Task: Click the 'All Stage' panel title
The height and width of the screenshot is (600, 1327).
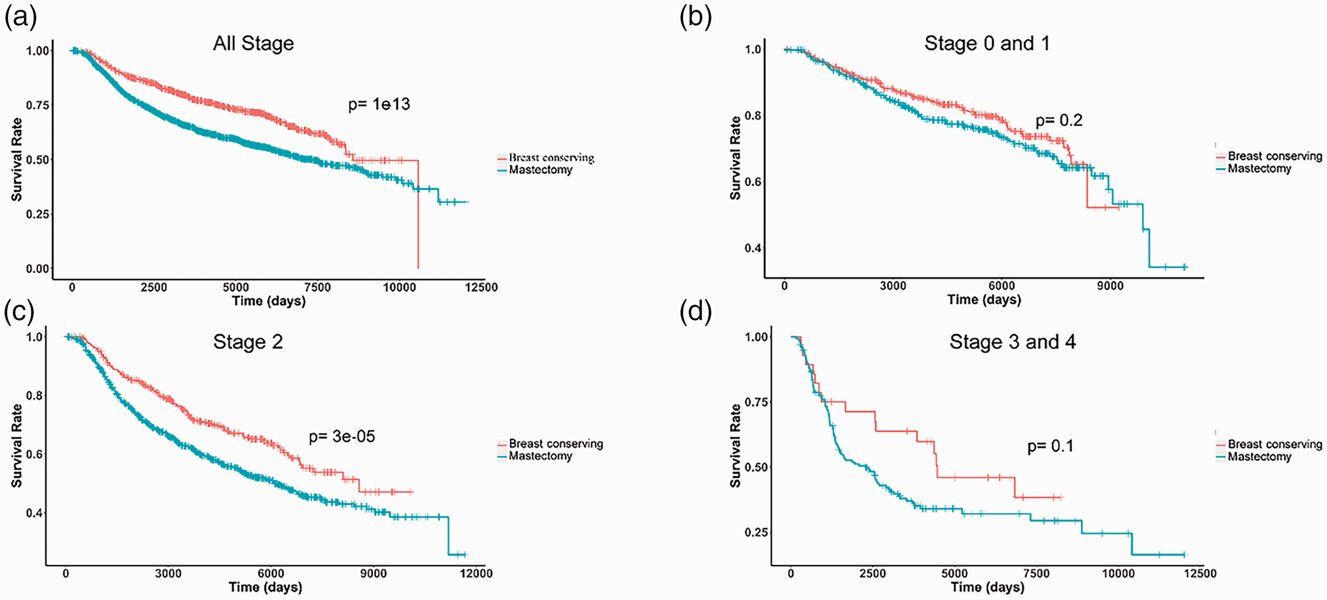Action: [x=254, y=44]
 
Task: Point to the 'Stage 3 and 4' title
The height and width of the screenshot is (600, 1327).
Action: [x=1012, y=342]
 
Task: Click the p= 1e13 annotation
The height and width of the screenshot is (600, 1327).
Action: [x=379, y=105]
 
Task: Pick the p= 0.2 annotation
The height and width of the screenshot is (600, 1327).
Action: [x=1059, y=120]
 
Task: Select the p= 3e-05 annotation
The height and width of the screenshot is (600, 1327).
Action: [x=342, y=437]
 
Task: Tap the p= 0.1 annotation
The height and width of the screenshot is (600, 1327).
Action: [x=1050, y=446]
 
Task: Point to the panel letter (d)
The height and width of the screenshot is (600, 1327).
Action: [x=696, y=313]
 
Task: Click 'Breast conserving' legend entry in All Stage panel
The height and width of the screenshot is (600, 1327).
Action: [x=552, y=157]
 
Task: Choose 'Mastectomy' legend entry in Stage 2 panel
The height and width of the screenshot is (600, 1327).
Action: [x=541, y=456]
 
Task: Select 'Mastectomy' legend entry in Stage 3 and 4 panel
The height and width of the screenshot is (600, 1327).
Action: [x=1260, y=456]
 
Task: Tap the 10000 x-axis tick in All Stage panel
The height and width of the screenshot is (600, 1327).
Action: [x=399, y=287]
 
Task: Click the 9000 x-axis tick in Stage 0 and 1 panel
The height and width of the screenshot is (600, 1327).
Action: [x=1110, y=286]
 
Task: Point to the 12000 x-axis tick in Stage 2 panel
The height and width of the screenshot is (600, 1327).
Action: [x=476, y=573]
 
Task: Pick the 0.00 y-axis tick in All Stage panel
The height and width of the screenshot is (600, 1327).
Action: [x=38, y=268]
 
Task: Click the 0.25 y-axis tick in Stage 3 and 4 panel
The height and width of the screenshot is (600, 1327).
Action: [x=756, y=532]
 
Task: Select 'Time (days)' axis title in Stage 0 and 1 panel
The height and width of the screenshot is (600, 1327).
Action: [x=984, y=300]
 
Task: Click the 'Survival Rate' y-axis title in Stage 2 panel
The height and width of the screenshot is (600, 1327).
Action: [x=17, y=446]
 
